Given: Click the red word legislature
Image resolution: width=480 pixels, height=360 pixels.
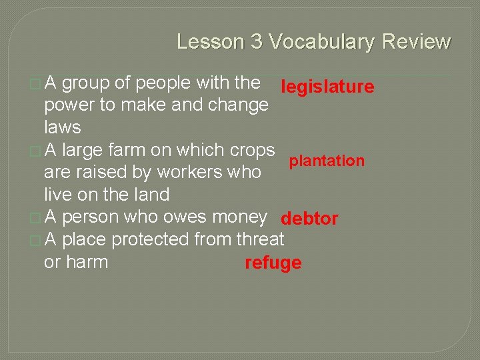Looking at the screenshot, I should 327,87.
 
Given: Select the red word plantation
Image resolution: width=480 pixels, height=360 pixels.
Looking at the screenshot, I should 326,161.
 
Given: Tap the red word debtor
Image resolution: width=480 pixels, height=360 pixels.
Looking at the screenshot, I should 309,219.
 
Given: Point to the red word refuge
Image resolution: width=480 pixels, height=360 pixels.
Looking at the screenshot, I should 273,263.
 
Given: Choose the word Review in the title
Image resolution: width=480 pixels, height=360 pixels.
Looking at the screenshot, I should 416,42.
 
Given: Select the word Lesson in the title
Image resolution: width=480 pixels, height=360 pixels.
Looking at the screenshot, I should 210,42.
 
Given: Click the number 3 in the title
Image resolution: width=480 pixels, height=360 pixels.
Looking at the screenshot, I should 257,42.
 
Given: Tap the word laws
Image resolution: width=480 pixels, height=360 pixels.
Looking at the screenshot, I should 62,127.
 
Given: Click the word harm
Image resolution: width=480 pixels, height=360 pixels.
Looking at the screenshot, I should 87,262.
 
